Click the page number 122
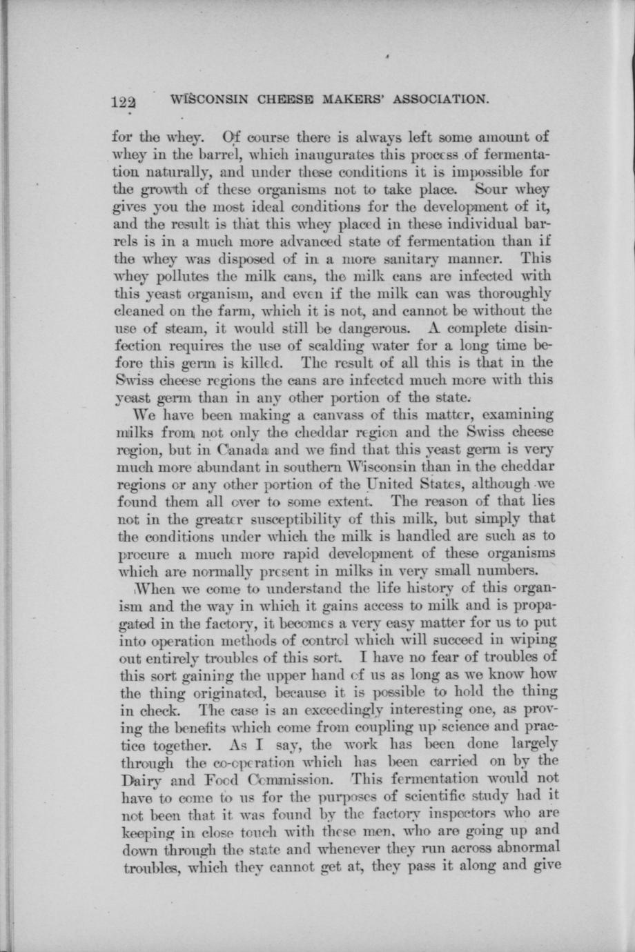(125, 101)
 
